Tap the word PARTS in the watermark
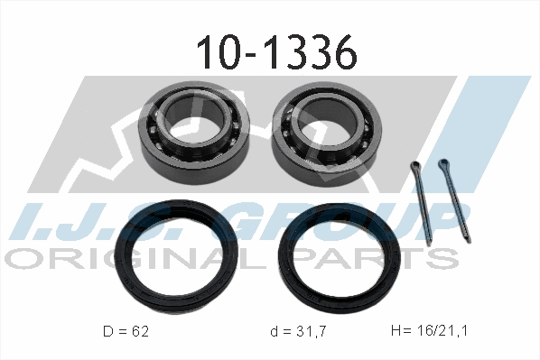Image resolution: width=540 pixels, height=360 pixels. click(x=388, y=259)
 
